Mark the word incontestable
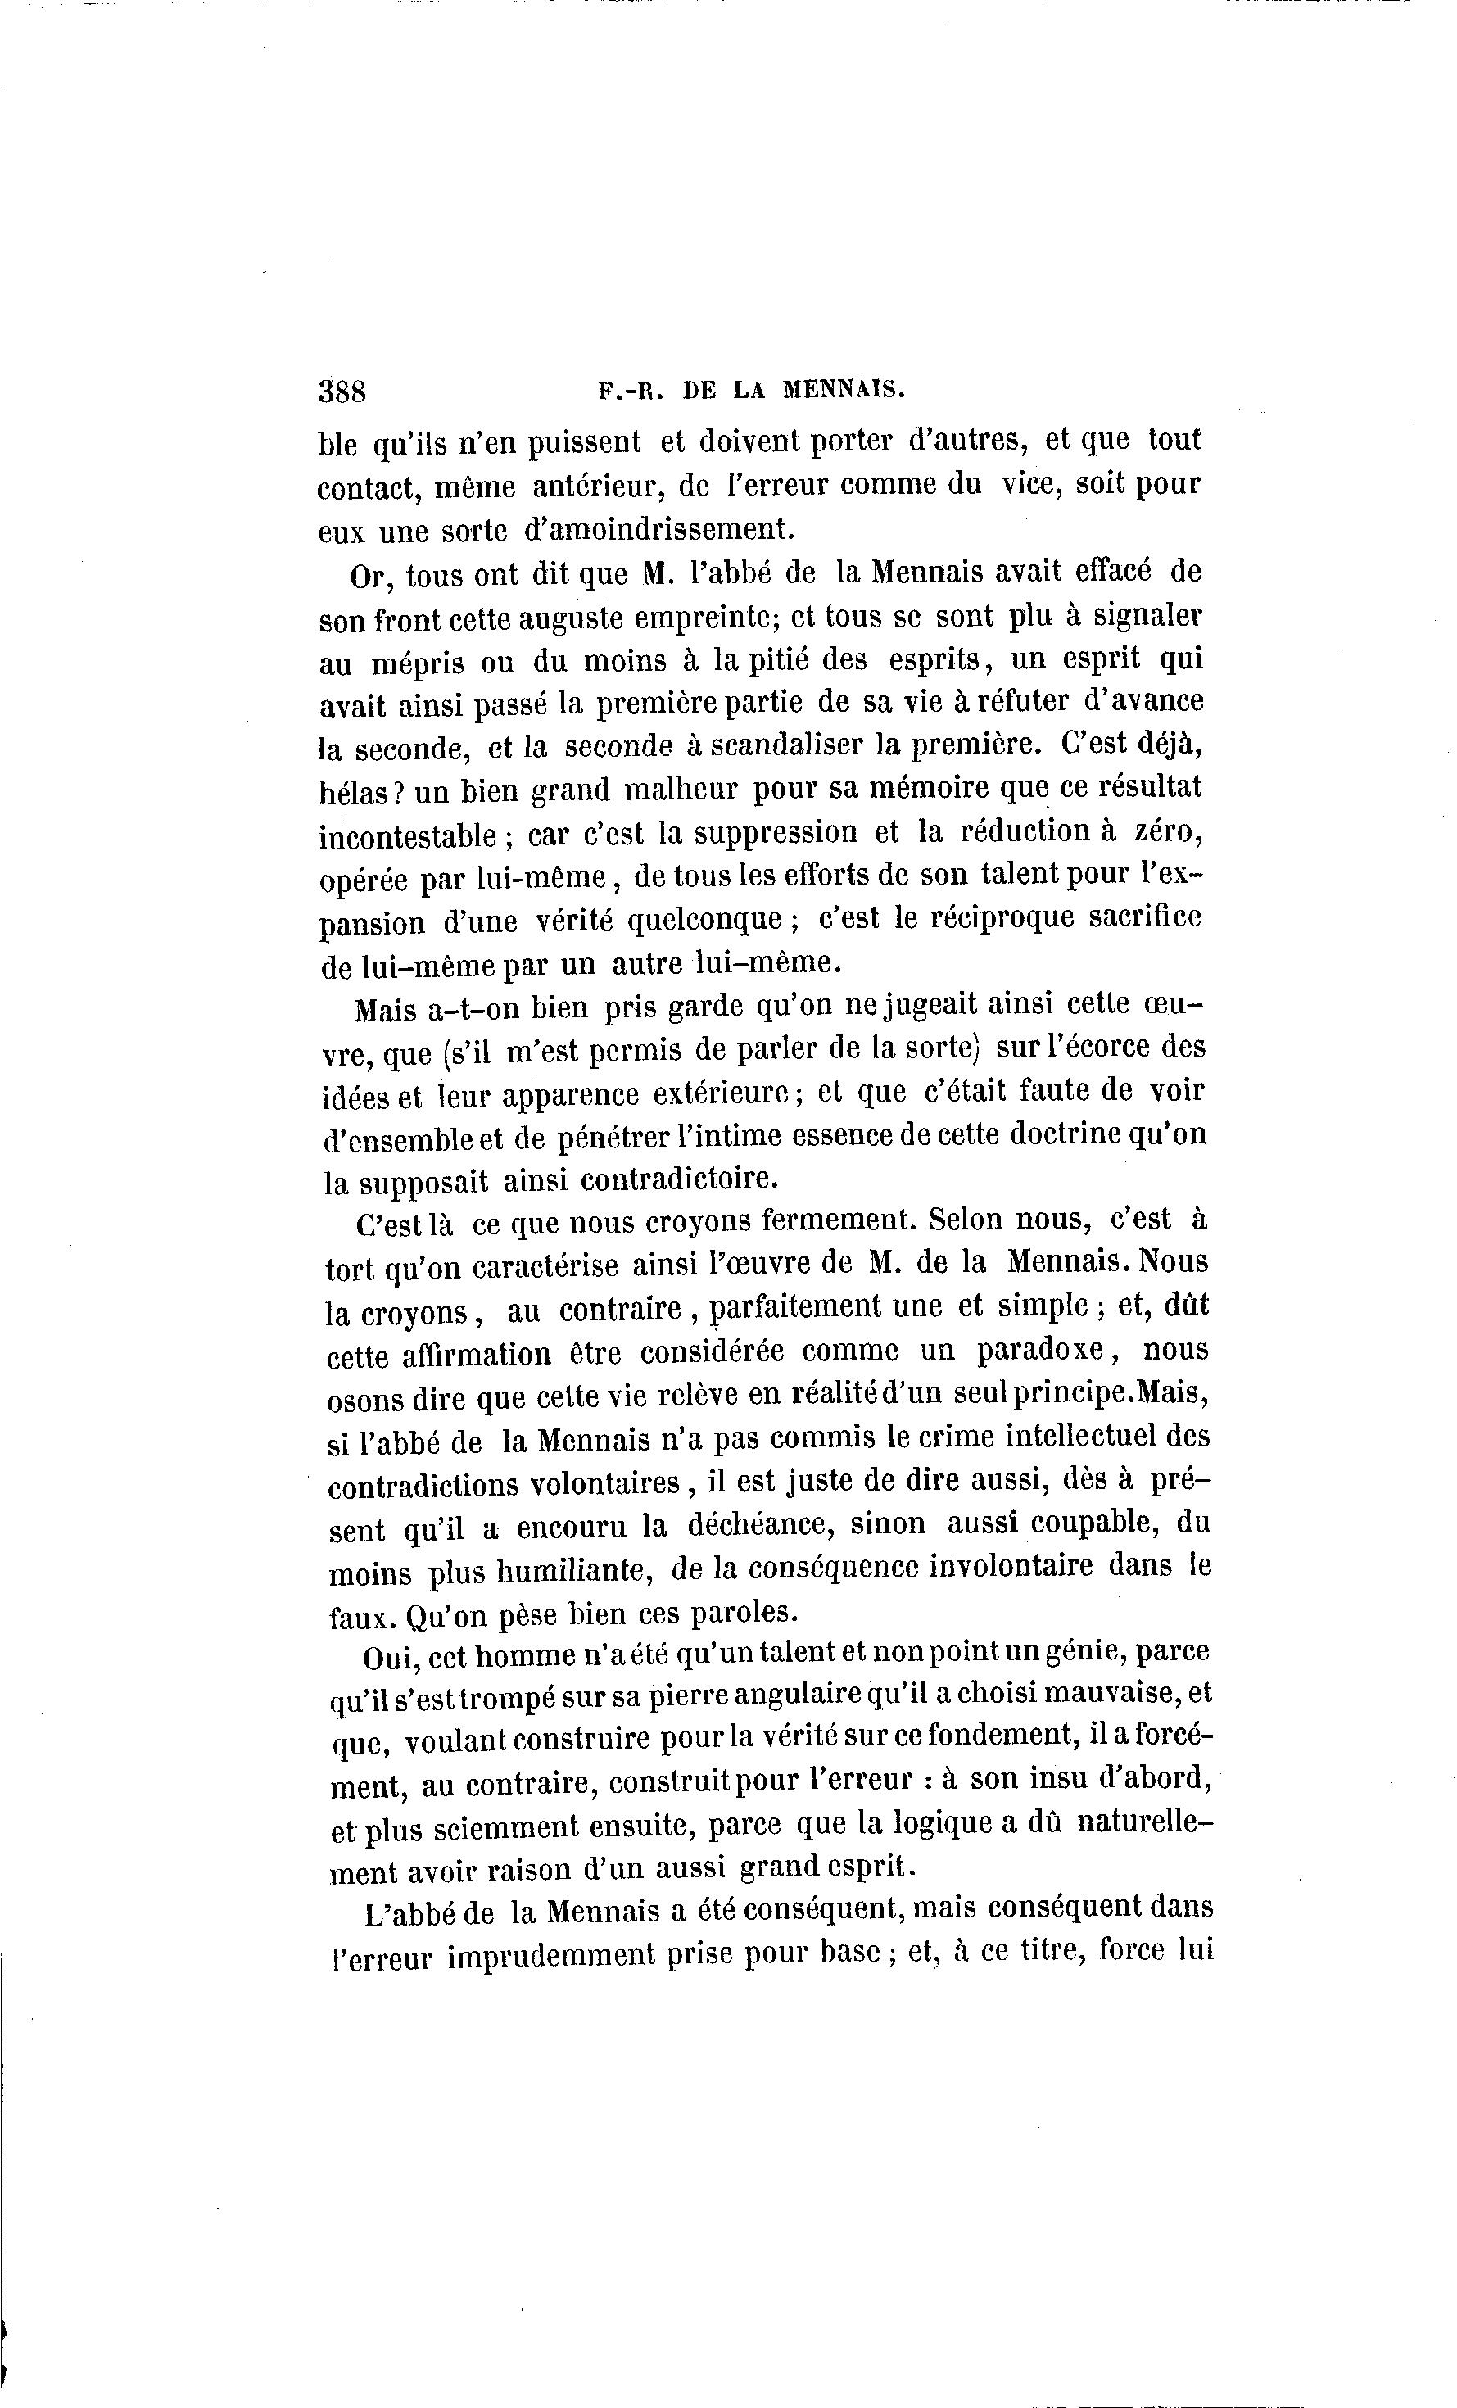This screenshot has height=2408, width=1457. click(x=409, y=835)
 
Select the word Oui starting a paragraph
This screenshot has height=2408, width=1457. click(x=389, y=1658)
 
